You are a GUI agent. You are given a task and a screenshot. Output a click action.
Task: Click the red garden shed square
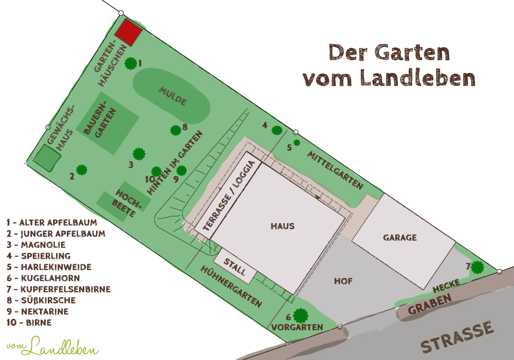[128, 32]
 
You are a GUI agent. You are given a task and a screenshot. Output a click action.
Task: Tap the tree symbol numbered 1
[131, 63]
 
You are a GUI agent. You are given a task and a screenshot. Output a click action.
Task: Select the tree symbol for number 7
[478, 267]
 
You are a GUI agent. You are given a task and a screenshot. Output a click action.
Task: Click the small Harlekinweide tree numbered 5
[297, 142]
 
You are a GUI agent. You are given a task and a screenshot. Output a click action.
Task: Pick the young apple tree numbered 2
[81, 170]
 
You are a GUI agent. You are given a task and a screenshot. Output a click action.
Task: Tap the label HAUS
[283, 226]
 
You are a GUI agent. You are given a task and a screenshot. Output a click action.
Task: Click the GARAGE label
[399, 238]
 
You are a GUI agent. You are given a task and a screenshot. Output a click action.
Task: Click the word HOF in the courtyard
[343, 281]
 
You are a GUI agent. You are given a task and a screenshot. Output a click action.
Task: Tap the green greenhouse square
[45, 158]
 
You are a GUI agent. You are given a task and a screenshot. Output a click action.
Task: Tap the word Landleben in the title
[417, 77]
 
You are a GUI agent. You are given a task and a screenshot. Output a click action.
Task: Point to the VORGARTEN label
[297, 327]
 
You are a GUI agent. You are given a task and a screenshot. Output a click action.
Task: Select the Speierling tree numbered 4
[277, 130]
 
